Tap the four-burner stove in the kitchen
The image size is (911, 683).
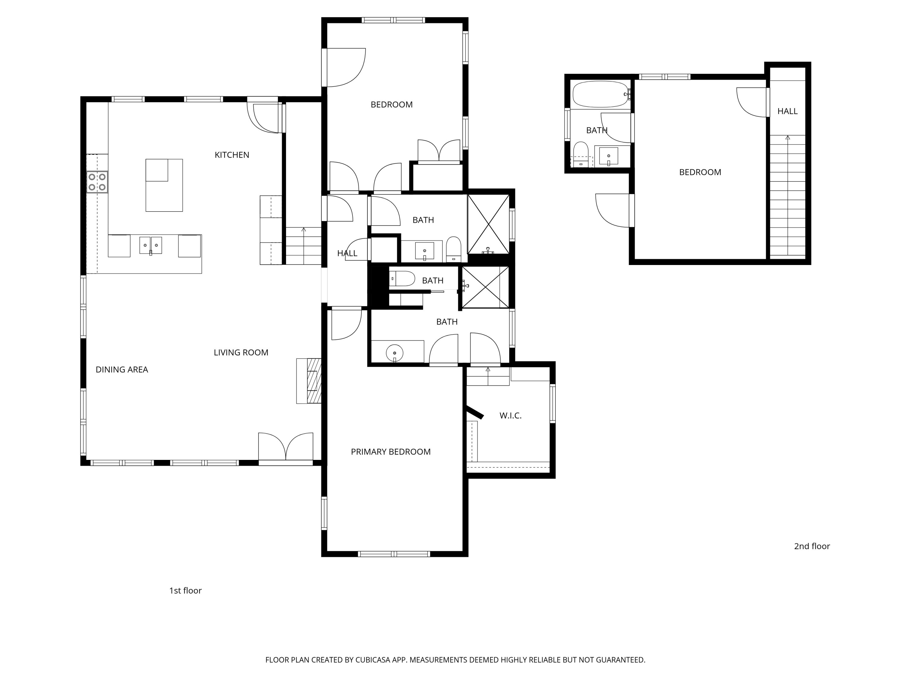[97, 182]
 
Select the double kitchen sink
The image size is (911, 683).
[150, 245]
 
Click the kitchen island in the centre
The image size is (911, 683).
[164, 185]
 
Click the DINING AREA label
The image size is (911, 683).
[121, 370]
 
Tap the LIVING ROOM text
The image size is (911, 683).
[241, 352]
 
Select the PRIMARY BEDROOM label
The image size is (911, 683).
[391, 452]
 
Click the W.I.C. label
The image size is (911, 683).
[510, 416]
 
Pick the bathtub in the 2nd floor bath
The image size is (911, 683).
[601, 94]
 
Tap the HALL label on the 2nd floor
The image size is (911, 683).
[787, 111]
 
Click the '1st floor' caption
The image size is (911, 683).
[185, 591]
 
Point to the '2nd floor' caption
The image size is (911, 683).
[811, 546]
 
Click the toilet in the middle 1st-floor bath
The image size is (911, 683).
[401, 279]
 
